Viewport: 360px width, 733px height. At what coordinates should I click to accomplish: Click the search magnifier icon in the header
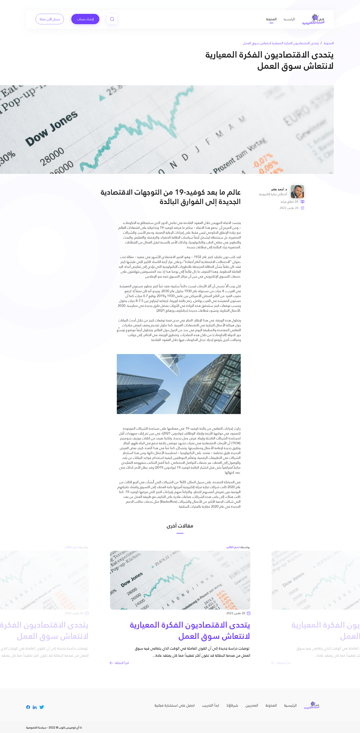point(112,19)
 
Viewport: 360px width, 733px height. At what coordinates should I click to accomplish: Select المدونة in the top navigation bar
point(271,19)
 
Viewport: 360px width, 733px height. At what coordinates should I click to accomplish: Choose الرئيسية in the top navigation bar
point(289,19)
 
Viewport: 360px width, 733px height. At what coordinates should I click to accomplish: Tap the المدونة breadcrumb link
point(328,43)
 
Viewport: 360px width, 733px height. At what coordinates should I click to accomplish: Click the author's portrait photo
point(297,191)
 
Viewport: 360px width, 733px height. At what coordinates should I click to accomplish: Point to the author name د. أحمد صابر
point(279,189)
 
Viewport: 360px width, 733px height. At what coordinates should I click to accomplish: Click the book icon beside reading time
point(302,202)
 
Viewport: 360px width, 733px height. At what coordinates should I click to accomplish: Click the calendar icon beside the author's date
point(302,208)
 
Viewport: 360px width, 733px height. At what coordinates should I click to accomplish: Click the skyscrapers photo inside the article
point(179,384)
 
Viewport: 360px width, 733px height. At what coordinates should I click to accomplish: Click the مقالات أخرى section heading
point(180,526)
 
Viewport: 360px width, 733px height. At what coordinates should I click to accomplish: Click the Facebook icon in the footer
point(28,707)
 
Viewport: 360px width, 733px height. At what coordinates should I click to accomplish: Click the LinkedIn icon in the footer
point(35,707)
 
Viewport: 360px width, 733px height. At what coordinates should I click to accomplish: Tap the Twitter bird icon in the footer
point(42,707)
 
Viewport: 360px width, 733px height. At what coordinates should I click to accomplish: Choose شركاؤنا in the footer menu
point(232,705)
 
